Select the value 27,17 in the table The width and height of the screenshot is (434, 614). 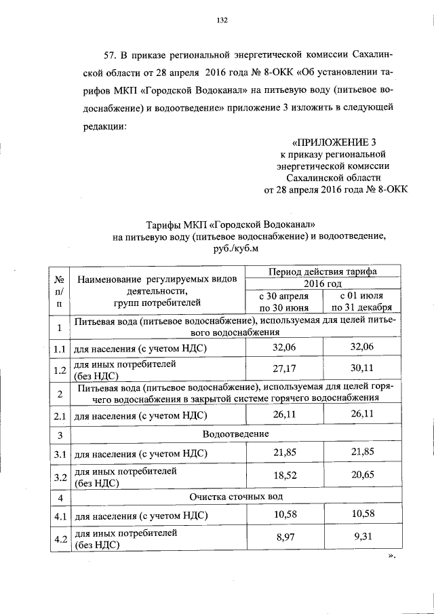[x=284, y=371]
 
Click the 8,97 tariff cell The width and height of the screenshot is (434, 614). [x=284, y=540]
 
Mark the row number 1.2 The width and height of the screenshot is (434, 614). [x=60, y=371]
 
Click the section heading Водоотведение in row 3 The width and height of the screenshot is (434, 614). [x=236, y=434]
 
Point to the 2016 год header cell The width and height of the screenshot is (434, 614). [x=323, y=284]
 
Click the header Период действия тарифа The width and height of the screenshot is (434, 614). [x=323, y=271]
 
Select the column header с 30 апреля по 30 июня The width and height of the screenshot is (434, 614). [x=284, y=302]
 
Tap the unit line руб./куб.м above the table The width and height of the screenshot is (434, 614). [x=236, y=248]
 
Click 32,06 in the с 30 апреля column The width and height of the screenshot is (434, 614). [x=284, y=347]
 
